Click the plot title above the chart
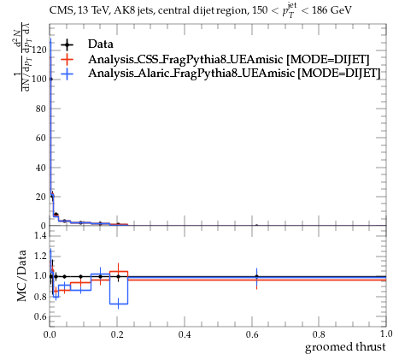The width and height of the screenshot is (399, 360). tap(201, 11)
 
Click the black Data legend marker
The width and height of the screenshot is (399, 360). tap(67, 44)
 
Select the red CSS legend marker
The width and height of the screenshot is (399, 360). tap(67, 59)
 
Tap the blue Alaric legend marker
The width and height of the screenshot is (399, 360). tap(67, 74)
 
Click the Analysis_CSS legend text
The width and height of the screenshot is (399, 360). tap(229, 60)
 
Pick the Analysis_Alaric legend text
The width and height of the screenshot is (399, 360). tap(234, 74)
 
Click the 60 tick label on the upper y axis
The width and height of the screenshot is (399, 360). tap(41, 138)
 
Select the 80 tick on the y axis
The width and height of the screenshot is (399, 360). tap(41, 109)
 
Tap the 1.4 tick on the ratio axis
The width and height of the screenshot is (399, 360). tap(41, 235)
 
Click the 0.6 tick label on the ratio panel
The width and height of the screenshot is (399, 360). tap(41, 316)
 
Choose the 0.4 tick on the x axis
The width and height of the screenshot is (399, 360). tap(185, 334)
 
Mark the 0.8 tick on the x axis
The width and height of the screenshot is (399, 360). tap(319, 334)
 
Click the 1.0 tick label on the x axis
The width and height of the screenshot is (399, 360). tap(386, 333)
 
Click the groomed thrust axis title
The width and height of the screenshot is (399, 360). tap(345, 347)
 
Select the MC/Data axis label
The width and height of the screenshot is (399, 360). tap(21, 276)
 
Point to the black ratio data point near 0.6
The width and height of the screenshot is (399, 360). tap(256, 276)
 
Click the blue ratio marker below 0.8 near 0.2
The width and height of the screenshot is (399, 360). tap(118, 304)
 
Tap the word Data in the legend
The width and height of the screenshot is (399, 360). tap(101, 44)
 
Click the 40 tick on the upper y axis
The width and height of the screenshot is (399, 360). tap(41, 168)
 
